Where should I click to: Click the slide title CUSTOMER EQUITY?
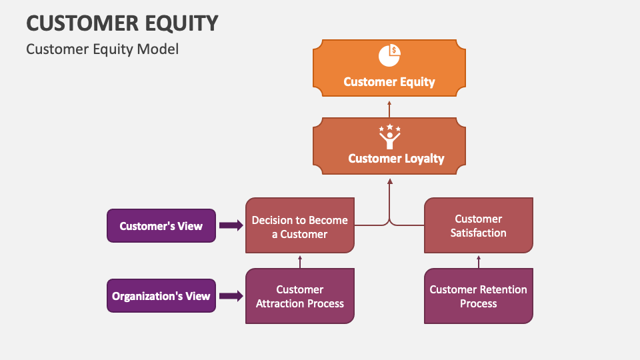click(122, 23)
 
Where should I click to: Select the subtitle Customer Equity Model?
click(102, 49)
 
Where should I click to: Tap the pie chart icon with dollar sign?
click(389, 55)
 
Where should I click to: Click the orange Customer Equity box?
click(389, 73)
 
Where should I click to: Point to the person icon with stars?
click(389, 137)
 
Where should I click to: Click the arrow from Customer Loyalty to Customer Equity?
click(389, 109)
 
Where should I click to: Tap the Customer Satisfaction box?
click(478, 225)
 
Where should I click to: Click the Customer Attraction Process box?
click(300, 296)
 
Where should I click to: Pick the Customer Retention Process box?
click(478, 296)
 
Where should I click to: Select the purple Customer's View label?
click(161, 225)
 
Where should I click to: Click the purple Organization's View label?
click(161, 296)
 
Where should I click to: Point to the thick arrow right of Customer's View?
click(231, 225)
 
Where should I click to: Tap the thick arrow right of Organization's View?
click(231, 296)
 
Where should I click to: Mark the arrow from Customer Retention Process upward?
click(478, 261)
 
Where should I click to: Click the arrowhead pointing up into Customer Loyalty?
click(389, 181)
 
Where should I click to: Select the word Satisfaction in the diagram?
click(478, 233)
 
